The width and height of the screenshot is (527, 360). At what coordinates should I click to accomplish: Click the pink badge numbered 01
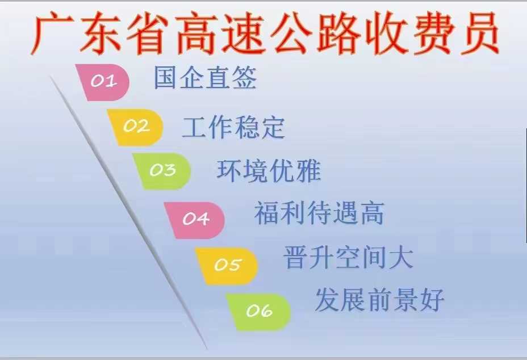[103, 82]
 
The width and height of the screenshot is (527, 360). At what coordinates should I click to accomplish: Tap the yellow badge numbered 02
[136, 127]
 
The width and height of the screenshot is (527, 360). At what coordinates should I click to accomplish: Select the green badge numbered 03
[162, 171]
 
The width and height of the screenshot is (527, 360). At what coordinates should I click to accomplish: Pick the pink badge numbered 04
[195, 220]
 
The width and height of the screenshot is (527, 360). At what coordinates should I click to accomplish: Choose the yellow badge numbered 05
[227, 266]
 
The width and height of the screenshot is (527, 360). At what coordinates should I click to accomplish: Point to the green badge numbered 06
[258, 312]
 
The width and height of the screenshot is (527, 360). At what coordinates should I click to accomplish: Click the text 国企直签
[205, 78]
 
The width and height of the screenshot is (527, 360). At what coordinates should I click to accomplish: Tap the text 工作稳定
[233, 127]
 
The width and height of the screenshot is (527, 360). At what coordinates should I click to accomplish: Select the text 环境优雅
[269, 171]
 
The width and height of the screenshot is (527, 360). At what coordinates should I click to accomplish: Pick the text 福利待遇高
[319, 213]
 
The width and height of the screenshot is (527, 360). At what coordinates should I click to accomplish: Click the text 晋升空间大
[349, 257]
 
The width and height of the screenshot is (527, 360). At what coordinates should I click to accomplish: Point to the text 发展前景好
[380, 299]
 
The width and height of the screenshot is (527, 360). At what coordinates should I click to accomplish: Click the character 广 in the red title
[53, 34]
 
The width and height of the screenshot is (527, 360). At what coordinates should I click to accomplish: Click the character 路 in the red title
[338, 34]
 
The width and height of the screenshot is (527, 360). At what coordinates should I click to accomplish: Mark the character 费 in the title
[433, 34]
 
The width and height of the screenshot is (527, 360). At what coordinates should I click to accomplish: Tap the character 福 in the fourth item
[266, 213]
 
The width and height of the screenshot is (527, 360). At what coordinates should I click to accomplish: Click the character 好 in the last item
[433, 299]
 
